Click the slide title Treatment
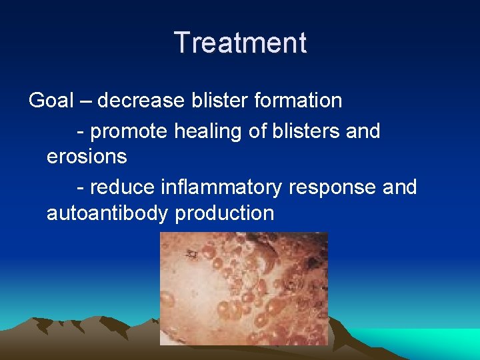point(240,43)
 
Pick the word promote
point(129,131)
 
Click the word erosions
point(87,157)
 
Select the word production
point(224,213)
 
